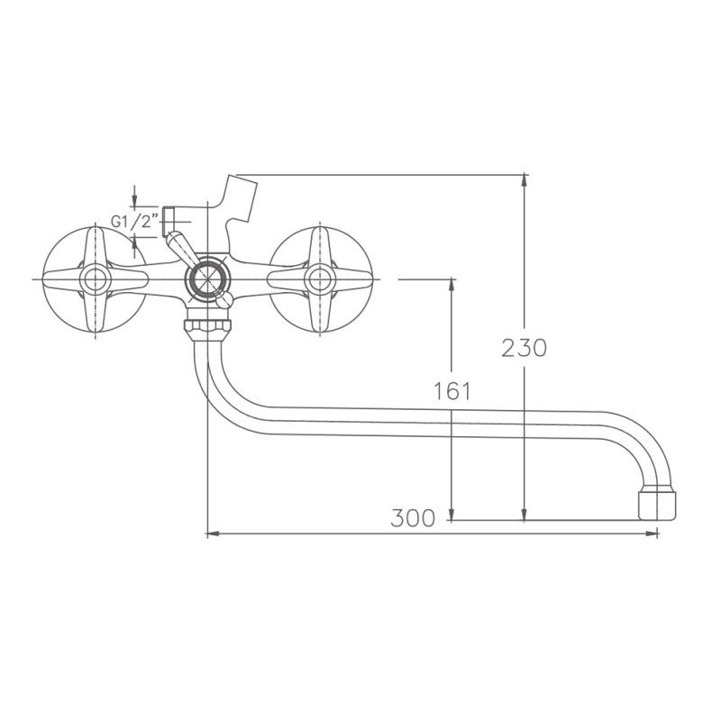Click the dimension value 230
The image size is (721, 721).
(524, 347)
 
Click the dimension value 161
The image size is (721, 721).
(452, 390)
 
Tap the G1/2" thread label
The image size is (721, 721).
(135, 220)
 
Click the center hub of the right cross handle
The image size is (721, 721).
(318, 279)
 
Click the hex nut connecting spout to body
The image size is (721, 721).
(207, 325)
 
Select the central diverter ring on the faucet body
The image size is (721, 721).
(207, 279)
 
